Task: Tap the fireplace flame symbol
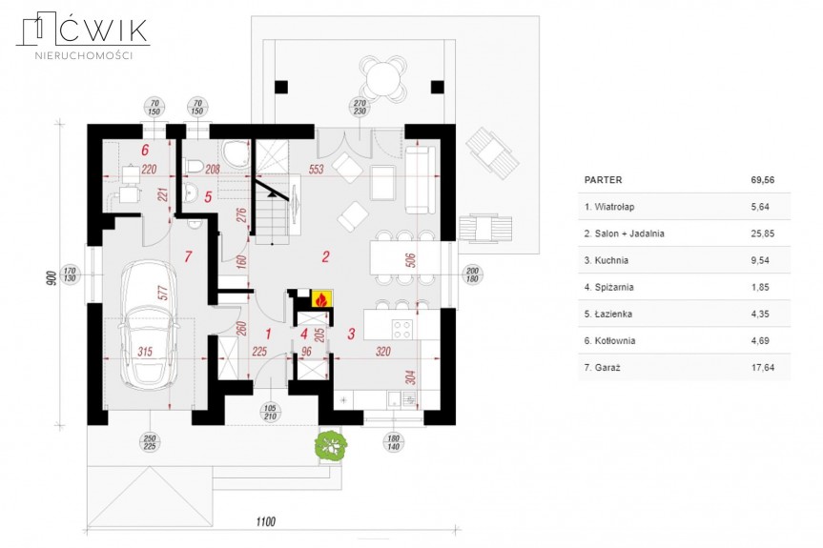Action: pos(320,299)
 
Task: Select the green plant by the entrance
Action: pos(331,445)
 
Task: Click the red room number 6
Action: pos(145,150)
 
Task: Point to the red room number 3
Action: pos(351,334)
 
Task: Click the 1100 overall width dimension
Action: pos(265,521)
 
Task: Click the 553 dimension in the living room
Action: pos(316,169)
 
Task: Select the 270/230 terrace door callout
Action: pos(360,108)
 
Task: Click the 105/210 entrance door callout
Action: pos(270,412)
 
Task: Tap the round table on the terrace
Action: pos(383,79)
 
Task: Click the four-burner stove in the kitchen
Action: pos(402,330)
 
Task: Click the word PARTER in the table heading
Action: pos(603,180)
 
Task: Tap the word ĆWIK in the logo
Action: pos(103,30)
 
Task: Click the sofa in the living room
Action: pos(421,180)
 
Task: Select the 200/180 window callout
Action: pos(472,274)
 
